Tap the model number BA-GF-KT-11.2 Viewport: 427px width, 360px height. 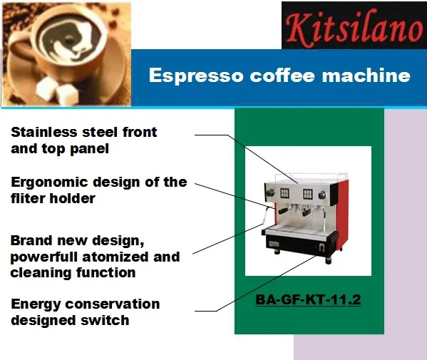[308, 300]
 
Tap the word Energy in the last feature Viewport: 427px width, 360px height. [35, 304]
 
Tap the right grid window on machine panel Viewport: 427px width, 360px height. [308, 192]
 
